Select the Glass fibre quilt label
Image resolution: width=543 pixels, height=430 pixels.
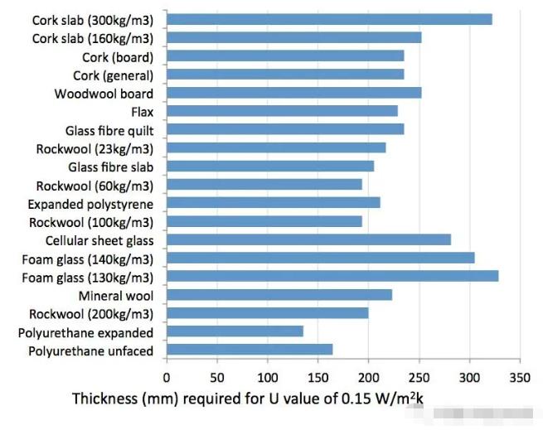(x=109, y=130)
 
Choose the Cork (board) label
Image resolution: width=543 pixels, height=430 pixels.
(x=118, y=57)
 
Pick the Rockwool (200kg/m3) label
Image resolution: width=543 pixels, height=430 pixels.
(x=91, y=314)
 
